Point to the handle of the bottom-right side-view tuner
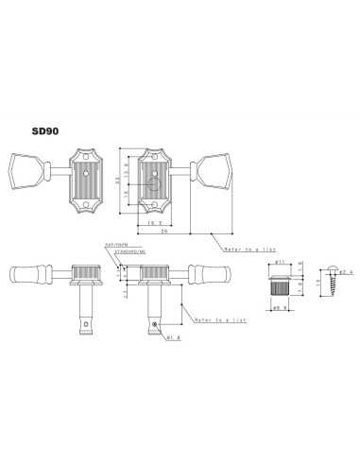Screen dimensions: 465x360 click(x=211, y=276)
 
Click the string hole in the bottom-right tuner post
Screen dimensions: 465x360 click(x=154, y=325)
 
